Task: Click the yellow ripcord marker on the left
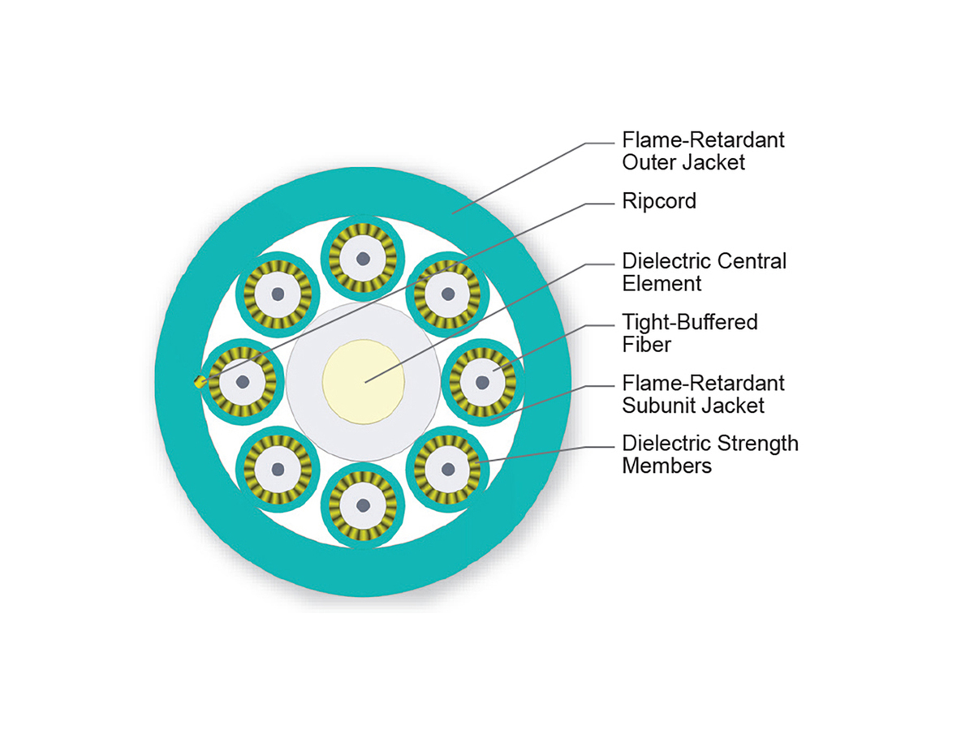pos(199,381)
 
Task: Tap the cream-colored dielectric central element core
pos(363,379)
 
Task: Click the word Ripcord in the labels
pos(659,201)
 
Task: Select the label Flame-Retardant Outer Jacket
pos(703,151)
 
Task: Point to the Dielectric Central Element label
pos(704,273)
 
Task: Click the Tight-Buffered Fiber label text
pos(689,333)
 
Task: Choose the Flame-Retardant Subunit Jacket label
pos(703,393)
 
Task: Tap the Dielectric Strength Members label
pos(709,454)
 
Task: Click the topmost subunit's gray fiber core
pos(363,258)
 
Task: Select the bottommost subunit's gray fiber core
pos(363,505)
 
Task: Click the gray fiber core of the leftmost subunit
pos(241,381)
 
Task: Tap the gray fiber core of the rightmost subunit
pos(482,381)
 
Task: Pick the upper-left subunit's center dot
pos(278,294)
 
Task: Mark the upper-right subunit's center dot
pos(448,294)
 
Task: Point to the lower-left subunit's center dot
pos(278,468)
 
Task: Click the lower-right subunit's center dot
pos(448,468)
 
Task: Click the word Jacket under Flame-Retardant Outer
pos(713,162)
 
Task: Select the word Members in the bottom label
pos(666,466)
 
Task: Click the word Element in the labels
pos(662,284)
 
